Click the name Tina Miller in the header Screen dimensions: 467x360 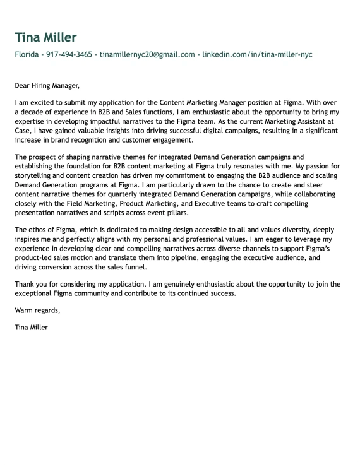tap(45, 37)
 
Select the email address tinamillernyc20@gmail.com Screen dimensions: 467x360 tap(147, 55)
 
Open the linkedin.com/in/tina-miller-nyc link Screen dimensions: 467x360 tap(257, 55)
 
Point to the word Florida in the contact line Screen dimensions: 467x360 tap(27, 55)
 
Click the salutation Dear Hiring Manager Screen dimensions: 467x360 tap(47, 85)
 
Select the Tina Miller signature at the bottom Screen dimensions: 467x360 tap(31, 328)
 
